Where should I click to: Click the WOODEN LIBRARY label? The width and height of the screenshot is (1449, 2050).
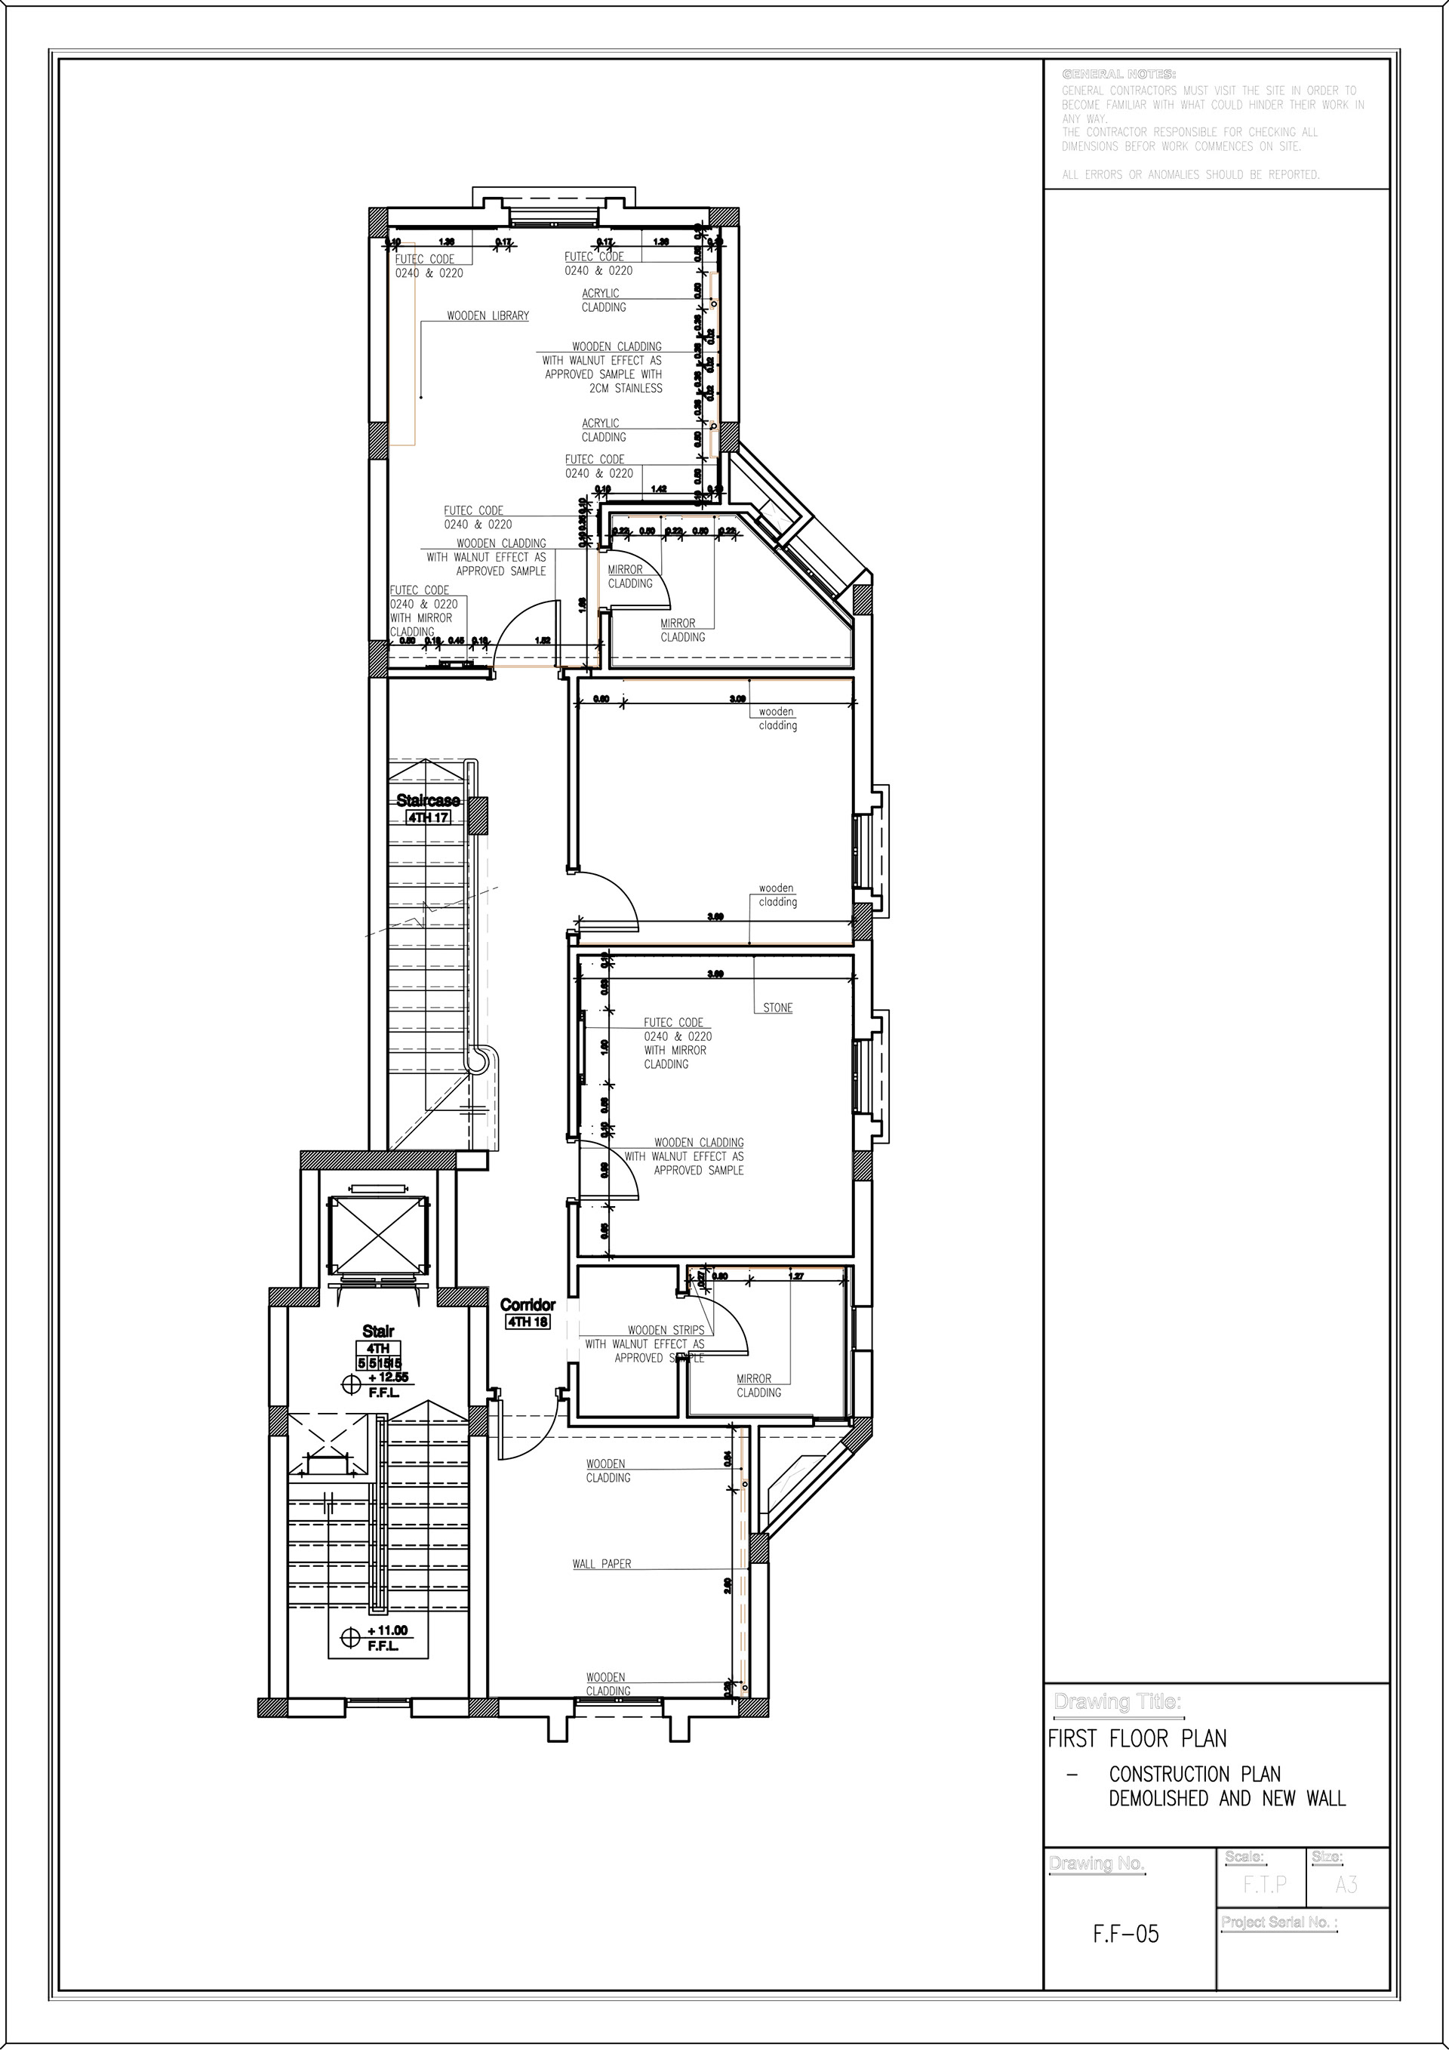tap(488, 316)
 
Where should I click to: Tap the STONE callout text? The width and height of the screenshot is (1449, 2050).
tap(777, 1008)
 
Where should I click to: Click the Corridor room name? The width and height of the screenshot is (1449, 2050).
tap(528, 1305)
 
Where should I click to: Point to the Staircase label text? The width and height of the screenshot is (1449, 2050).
tap(429, 801)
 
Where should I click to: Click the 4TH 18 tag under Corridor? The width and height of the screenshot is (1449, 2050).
tap(528, 1322)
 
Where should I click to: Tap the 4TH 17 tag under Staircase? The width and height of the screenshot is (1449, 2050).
tap(429, 817)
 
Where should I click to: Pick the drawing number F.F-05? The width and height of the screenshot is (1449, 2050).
tap(1126, 1935)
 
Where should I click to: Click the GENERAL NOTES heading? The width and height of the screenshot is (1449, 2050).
tap(1118, 73)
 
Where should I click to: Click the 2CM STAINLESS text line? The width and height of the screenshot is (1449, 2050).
tap(626, 389)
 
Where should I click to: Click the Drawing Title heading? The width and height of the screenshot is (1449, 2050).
tap(1118, 1702)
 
